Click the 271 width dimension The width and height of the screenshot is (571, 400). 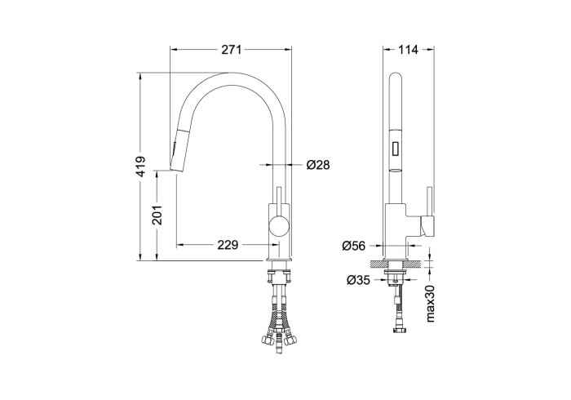point(231,51)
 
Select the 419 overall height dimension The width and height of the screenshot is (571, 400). point(140,168)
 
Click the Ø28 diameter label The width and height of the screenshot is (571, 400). point(317,165)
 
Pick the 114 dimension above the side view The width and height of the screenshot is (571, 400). point(409,51)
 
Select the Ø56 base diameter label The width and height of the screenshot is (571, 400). point(353,244)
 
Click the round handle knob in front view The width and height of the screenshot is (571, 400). point(278,226)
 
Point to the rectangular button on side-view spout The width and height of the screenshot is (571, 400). point(396,149)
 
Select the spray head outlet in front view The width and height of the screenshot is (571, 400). point(173,168)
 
